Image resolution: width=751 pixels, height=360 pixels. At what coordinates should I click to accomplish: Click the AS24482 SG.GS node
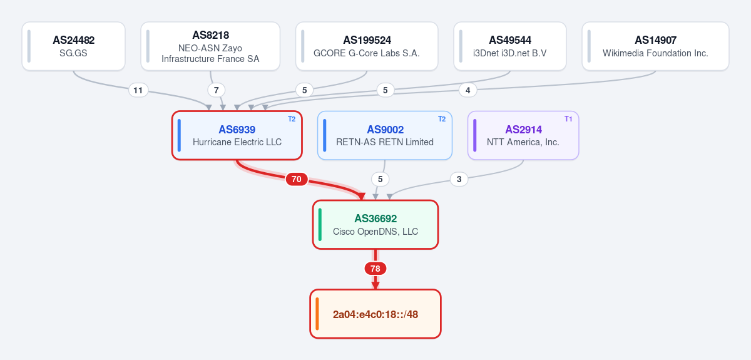pyautogui.click(x=73, y=46)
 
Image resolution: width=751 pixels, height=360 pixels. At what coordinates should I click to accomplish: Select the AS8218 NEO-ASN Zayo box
pyautogui.click(x=210, y=46)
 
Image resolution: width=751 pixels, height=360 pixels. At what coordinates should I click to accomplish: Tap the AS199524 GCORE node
pyautogui.click(x=367, y=46)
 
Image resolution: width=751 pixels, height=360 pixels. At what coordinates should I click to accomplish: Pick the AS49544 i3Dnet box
pyautogui.click(x=510, y=46)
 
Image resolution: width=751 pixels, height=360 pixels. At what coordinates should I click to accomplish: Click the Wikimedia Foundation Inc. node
pyautogui.click(x=655, y=46)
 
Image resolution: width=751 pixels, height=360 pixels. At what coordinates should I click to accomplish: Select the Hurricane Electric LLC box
pyautogui.click(x=237, y=135)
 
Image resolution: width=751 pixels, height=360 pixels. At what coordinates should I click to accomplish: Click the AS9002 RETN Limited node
pyautogui.click(x=385, y=135)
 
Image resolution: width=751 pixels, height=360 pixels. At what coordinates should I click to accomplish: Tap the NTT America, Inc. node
pyautogui.click(x=523, y=135)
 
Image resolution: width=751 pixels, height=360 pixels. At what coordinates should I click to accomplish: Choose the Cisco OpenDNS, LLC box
pyautogui.click(x=375, y=225)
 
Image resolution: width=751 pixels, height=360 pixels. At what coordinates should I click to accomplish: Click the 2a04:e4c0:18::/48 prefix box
pyautogui.click(x=375, y=314)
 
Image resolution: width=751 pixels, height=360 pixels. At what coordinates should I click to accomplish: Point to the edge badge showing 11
pyautogui.click(x=138, y=90)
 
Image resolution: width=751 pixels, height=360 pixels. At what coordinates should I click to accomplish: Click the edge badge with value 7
pyautogui.click(x=217, y=90)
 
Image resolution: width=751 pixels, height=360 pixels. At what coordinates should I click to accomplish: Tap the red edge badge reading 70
pyautogui.click(x=297, y=179)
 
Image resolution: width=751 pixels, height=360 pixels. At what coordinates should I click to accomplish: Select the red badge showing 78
pyautogui.click(x=375, y=269)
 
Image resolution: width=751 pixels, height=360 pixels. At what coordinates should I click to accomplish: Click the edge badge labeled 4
pyautogui.click(x=467, y=90)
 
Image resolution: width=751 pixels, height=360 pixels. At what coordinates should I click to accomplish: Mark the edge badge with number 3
pyautogui.click(x=459, y=179)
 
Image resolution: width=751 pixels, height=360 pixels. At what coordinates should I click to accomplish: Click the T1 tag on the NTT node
pyautogui.click(x=568, y=119)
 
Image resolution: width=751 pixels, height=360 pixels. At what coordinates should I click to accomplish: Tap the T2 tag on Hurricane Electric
pyautogui.click(x=292, y=119)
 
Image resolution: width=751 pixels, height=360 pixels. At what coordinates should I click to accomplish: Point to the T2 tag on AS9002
pyautogui.click(x=442, y=119)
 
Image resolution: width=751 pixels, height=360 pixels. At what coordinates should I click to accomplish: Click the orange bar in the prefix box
pyautogui.click(x=317, y=314)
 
